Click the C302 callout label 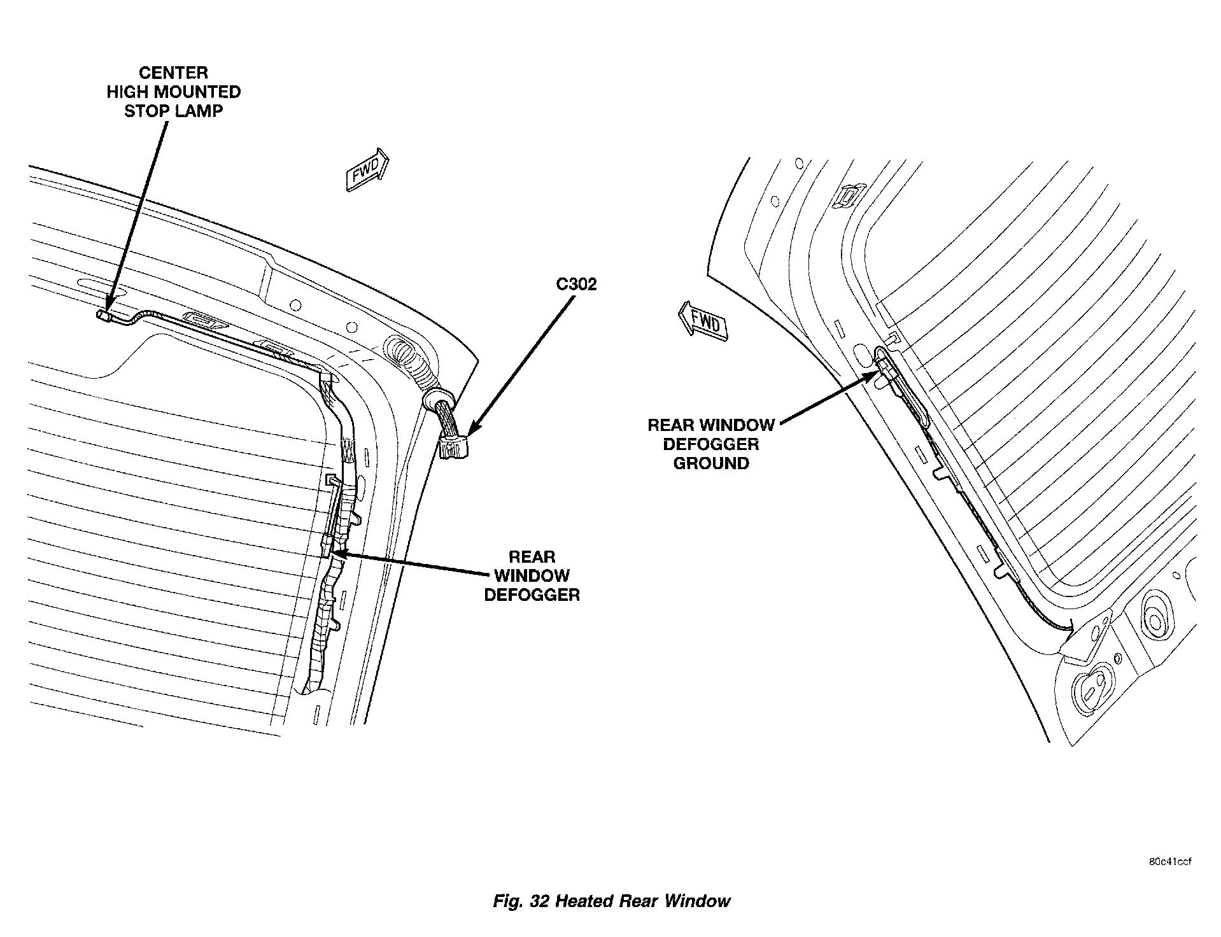[576, 285]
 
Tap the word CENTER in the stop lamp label [173, 73]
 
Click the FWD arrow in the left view [367, 170]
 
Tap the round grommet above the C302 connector [436, 400]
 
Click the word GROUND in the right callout [711, 463]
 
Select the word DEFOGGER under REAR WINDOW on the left [532, 595]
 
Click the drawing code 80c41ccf [1170, 862]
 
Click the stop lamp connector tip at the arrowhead [102, 314]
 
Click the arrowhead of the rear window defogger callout [335, 554]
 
